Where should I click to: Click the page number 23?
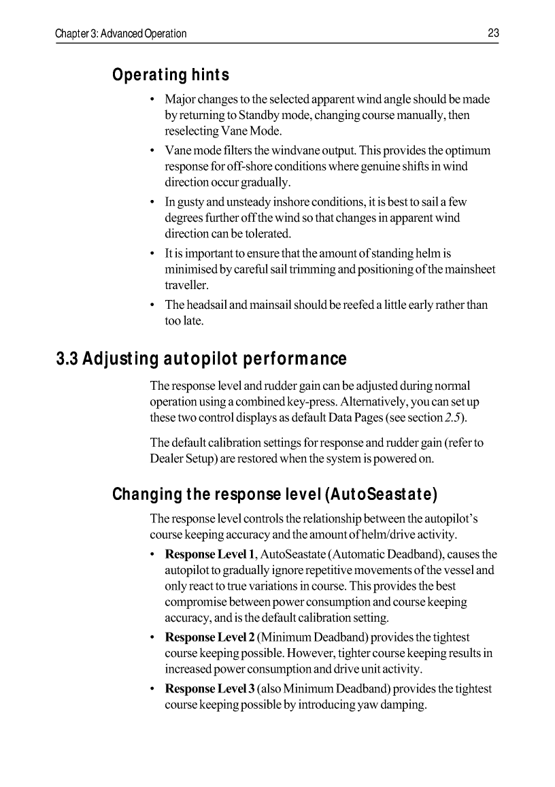coord(493,33)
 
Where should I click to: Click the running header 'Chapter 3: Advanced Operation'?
coord(121,33)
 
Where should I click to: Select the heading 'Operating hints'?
coord(171,74)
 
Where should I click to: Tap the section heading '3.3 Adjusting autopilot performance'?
coord(201,358)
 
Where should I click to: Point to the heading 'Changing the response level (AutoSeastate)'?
coord(275,493)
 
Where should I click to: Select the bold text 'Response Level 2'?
coord(210,638)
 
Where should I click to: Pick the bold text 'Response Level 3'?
coord(210,689)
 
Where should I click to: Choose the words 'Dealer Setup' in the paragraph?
coord(180,458)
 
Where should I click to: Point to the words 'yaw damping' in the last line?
coord(392,705)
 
